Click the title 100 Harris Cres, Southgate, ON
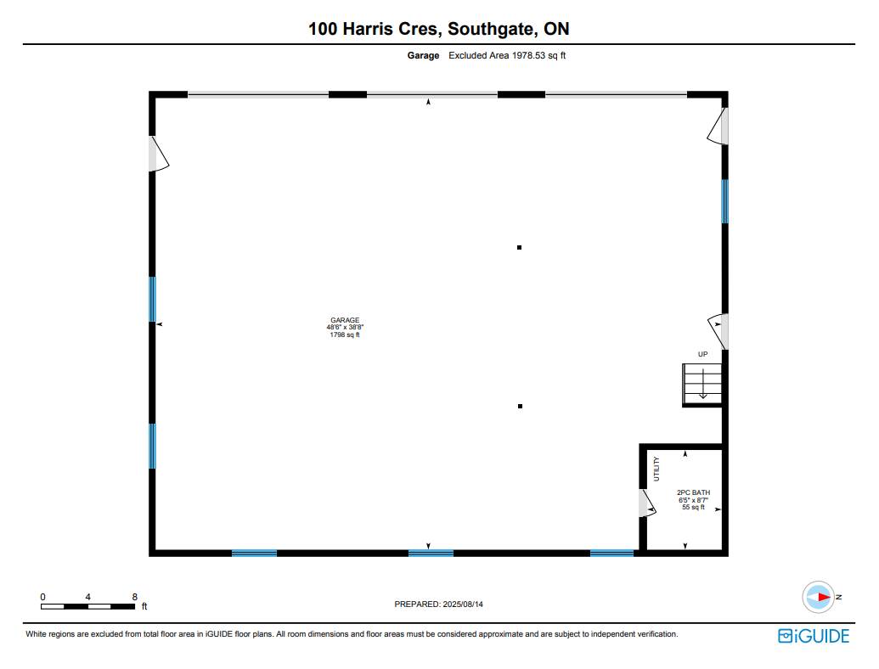click(x=439, y=29)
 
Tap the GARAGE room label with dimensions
click(x=345, y=328)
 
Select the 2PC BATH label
click(x=694, y=500)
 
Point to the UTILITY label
click(x=656, y=469)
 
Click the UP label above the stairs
click(x=702, y=354)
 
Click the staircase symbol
click(x=702, y=385)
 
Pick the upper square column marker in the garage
click(x=519, y=247)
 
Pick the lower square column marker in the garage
click(x=521, y=406)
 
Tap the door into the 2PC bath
click(x=647, y=503)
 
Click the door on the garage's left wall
click(x=159, y=154)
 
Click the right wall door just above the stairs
click(x=718, y=332)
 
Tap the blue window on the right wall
click(x=724, y=201)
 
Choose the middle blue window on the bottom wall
click(x=431, y=553)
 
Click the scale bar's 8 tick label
click(x=134, y=597)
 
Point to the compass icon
click(x=819, y=598)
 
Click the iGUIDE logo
click(x=814, y=636)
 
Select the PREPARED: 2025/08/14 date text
click(x=438, y=604)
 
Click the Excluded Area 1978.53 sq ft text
click(x=507, y=55)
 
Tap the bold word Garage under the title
click(x=423, y=55)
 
